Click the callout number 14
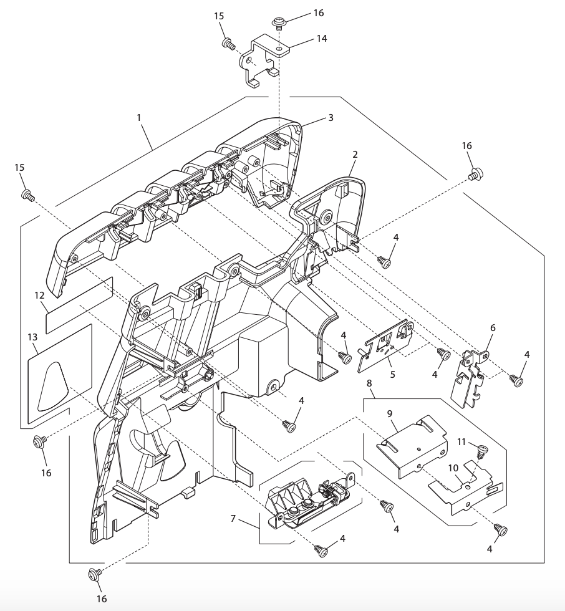point(321,38)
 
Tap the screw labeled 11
point(481,448)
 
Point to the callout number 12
point(39,294)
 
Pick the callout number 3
point(331,117)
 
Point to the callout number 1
point(138,117)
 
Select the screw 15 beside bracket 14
point(228,44)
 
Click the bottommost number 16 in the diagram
point(101,599)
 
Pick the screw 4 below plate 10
point(500,530)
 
